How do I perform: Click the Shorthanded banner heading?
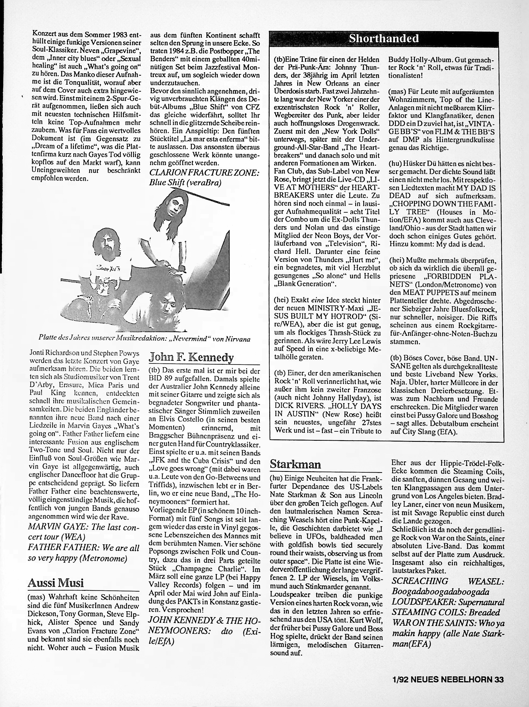pyautogui.click(x=383, y=39)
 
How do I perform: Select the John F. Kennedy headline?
pyautogui.click(x=191, y=357)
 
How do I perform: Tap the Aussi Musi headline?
pyautogui.click(x=56, y=583)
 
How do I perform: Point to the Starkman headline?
pyautogui.click(x=295, y=464)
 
